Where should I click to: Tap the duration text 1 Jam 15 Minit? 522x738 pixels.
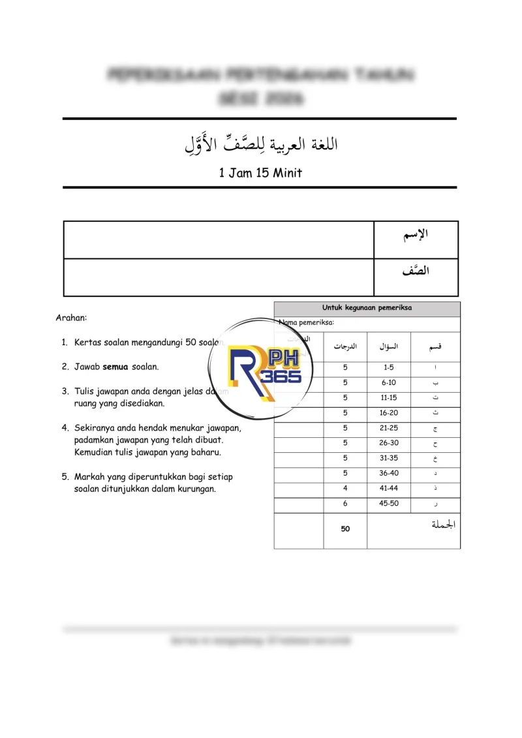(260, 173)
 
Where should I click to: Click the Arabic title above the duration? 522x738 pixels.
(260, 144)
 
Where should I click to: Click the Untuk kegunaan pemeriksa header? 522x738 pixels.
(367, 308)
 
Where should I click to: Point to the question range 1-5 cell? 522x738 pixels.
(389, 367)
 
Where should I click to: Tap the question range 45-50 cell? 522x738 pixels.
(389, 504)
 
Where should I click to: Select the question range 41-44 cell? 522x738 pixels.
(389, 488)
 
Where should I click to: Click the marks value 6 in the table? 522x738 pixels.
(345, 504)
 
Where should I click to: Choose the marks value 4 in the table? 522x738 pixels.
(345, 488)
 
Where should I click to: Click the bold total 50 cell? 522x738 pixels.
(345, 529)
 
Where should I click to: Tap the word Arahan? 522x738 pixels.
(71, 318)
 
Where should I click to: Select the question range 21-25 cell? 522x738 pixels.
(389, 428)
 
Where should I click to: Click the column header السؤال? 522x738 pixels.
(389, 346)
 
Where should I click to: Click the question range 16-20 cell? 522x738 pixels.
(389, 413)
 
